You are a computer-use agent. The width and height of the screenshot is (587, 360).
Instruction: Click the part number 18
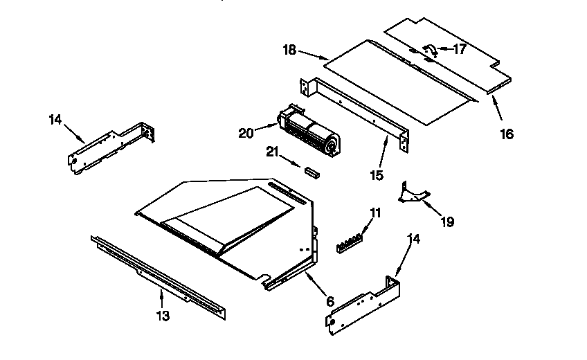[289, 51]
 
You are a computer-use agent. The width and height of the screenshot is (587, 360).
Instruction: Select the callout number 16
[507, 134]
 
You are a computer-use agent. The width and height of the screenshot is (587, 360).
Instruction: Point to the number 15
[376, 176]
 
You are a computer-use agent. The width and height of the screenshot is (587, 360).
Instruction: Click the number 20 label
[246, 133]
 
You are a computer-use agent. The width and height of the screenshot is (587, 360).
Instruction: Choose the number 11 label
[374, 213]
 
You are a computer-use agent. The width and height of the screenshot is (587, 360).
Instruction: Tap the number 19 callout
[447, 222]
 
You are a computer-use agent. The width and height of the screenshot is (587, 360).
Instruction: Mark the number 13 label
[162, 316]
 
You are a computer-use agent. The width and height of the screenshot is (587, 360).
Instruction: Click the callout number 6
[329, 302]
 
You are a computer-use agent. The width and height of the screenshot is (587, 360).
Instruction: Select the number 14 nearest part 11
[413, 239]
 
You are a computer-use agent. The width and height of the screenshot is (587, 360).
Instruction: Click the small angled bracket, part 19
[414, 193]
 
